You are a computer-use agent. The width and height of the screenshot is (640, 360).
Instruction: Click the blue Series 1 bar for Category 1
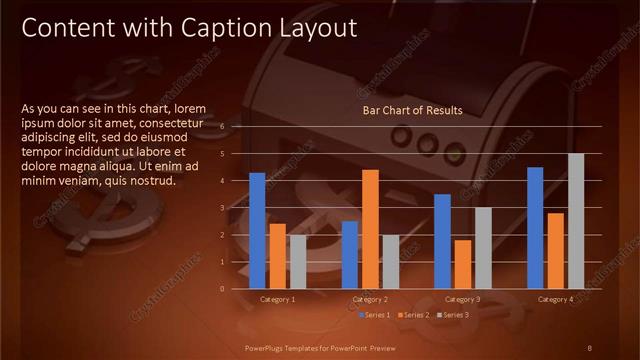(257, 231)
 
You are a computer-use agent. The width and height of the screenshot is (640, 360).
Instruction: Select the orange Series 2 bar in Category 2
(370, 229)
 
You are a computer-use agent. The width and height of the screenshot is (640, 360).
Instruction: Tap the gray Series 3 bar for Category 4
(576, 221)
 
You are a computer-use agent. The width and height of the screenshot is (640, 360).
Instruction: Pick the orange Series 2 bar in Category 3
(463, 264)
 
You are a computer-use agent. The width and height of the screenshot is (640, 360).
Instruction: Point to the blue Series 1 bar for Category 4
(535, 228)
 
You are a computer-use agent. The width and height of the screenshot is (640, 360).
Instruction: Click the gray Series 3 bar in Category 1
(298, 262)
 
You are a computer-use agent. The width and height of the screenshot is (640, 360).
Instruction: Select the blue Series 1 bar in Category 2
(350, 255)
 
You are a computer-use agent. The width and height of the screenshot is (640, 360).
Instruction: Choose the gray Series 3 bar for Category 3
(483, 248)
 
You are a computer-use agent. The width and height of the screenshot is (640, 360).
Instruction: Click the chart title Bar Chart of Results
(412, 110)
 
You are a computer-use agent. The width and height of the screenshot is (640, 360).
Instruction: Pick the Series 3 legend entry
(456, 315)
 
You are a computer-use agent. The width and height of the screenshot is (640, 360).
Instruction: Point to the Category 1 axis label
(278, 299)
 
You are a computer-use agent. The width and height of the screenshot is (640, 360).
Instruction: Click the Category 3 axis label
(463, 299)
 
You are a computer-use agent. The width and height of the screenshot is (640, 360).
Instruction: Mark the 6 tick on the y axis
(237, 127)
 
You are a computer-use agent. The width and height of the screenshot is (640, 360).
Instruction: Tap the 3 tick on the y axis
(237, 208)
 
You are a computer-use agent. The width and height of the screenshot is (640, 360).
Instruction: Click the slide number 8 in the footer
(590, 347)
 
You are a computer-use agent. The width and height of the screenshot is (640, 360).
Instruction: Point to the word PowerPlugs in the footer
(267, 347)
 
